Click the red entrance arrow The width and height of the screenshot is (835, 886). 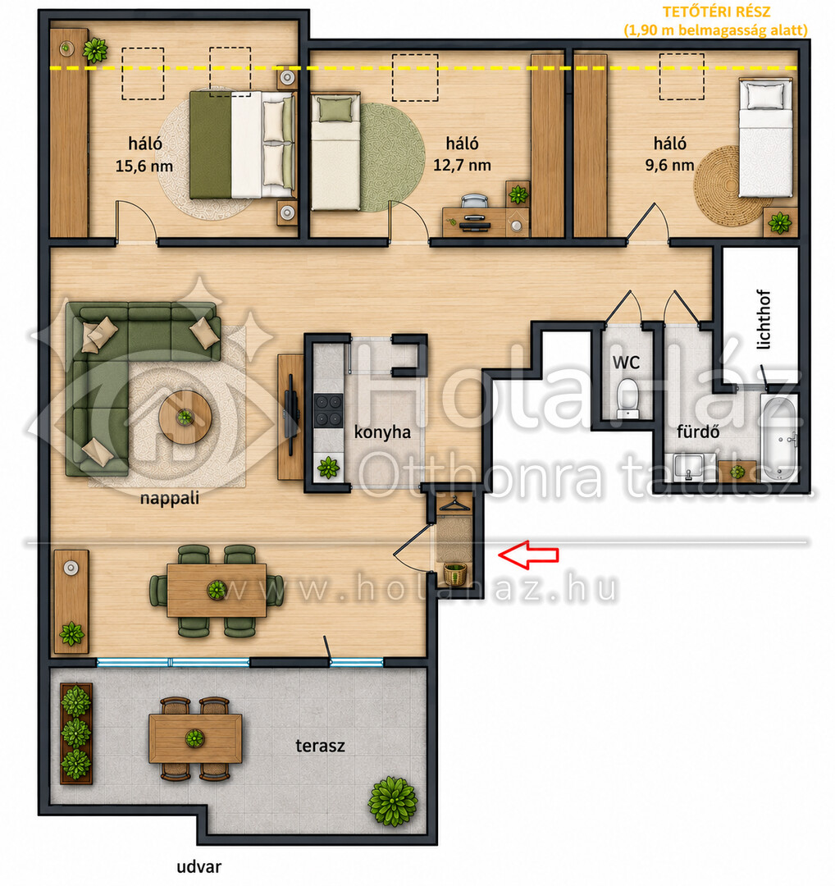pos(528,555)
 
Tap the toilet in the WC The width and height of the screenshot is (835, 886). pos(627,397)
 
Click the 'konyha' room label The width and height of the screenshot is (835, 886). pos(382,432)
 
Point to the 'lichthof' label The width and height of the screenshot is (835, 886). pos(763,320)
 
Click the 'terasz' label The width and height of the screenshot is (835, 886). pos(320,746)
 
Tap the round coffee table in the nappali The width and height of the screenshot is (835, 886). pos(185,417)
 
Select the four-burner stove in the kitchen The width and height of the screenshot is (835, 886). pos(328,410)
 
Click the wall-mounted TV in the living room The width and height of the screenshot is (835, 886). pos(291,414)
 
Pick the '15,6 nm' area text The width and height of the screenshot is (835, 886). pos(144,166)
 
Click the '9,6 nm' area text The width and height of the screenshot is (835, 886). pos(669,165)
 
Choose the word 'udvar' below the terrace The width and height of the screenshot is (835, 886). pos(198,866)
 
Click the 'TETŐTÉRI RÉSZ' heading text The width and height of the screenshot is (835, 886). pos(716,11)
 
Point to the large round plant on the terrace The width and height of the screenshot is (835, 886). pos(393,801)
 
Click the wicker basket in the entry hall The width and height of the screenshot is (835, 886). pos(455,573)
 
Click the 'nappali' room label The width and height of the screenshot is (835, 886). pos(170,499)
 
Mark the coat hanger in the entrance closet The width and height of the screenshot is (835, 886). pos(454,504)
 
